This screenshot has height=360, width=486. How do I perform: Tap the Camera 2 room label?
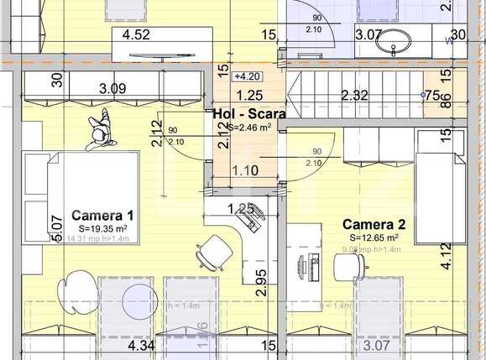click(x=375, y=224)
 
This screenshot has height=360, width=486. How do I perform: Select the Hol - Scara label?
click(x=248, y=113)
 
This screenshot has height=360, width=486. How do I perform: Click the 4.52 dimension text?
click(x=136, y=35)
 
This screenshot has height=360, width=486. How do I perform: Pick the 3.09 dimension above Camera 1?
click(x=113, y=87)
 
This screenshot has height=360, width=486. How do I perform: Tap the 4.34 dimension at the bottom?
click(x=140, y=345)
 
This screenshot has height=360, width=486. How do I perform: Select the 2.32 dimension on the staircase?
click(x=354, y=96)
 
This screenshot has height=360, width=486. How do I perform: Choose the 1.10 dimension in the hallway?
click(x=244, y=170)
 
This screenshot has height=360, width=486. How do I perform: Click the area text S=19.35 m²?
click(x=102, y=228)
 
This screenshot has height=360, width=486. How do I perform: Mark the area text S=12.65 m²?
click(x=374, y=237)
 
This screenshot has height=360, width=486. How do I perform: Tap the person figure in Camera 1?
click(x=99, y=133)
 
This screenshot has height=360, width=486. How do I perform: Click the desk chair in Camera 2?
click(x=348, y=267)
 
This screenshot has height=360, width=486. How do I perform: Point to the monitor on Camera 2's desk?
click(x=303, y=269)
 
